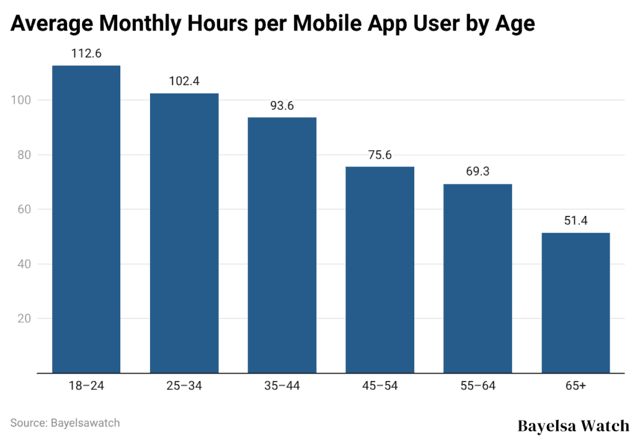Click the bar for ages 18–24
tap(86, 219)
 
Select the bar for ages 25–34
tap(184, 233)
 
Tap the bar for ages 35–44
tap(282, 245)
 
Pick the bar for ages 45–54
tap(380, 269)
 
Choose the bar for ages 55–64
tap(477, 278)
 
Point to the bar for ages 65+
tap(575, 303)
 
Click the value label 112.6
tap(86, 53)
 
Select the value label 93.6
tap(282, 106)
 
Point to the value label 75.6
tap(380, 155)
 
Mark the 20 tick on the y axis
tap(25, 318)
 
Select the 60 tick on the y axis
tap(25, 209)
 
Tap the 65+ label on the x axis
tap(575, 386)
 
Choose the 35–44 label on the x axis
tap(282, 386)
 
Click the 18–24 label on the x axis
tap(86, 386)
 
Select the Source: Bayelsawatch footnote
tap(65, 423)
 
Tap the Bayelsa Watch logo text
tap(573, 426)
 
